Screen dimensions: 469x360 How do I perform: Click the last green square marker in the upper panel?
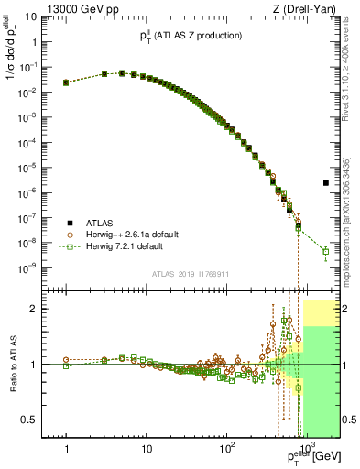coord(326,251)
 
